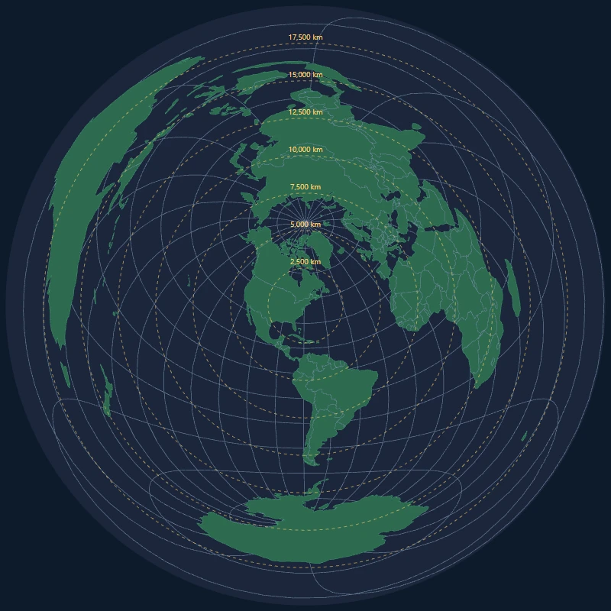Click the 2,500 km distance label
click(305, 262)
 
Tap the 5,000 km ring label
click(305, 225)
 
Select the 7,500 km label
click(305, 187)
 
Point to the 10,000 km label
click(305, 150)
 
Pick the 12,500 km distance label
click(305, 112)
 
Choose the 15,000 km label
click(305, 75)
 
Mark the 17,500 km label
click(305, 37)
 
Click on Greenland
click(311, 243)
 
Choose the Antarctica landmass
click(305, 527)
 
